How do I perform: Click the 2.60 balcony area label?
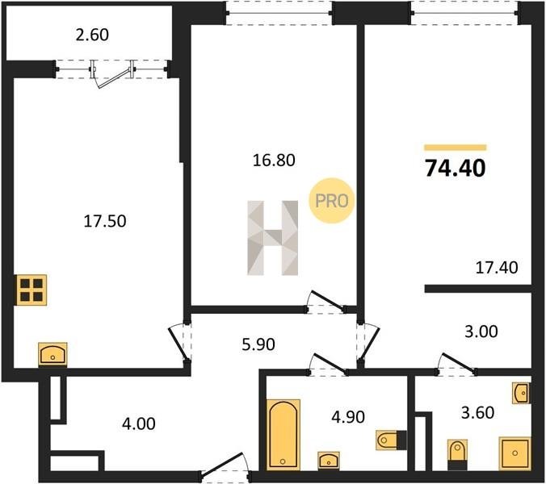pyautogui.click(x=92, y=35)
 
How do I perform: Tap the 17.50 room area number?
pyautogui.click(x=105, y=221)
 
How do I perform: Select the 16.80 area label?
pyautogui.click(x=274, y=161)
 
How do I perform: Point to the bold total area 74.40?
pyautogui.click(x=455, y=169)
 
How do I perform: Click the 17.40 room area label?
pyautogui.click(x=497, y=268)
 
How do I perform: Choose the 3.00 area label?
pyautogui.click(x=481, y=332)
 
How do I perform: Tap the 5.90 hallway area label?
pyautogui.click(x=258, y=344)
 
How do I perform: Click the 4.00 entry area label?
pyautogui.click(x=139, y=423)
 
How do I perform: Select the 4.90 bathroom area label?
pyautogui.click(x=348, y=417)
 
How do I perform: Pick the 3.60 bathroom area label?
pyautogui.click(x=478, y=413)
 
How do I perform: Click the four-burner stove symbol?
pyautogui.click(x=31, y=290)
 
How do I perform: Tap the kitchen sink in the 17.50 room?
pyautogui.click(x=52, y=354)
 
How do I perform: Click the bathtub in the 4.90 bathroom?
pyautogui.click(x=283, y=434)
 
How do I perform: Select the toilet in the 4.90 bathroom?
pyautogui.click(x=391, y=440)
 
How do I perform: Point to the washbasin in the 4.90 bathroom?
pyautogui.click(x=329, y=460)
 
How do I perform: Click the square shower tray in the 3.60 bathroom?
pyautogui.click(x=514, y=453)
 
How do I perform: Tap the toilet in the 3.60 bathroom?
pyautogui.click(x=456, y=454)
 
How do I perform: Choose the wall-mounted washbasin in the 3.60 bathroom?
pyautogui.click(x=522, y=394)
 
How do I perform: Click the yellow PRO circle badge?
pyautogui.click(x=331, y=201)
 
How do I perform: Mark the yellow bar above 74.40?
pyautogui.click(x=455, y=148)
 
